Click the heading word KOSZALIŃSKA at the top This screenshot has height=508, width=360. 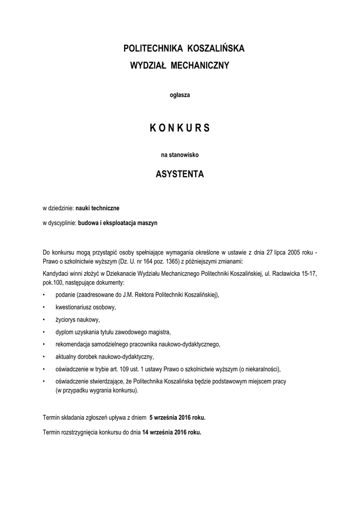[216, 49]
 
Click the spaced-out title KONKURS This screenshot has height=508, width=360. [180, 128]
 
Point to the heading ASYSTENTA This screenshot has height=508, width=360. [180, 175]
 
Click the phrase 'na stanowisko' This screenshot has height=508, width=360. [180, 155]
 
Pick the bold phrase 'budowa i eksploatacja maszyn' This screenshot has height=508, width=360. [118, 223]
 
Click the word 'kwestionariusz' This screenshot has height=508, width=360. [76, 307]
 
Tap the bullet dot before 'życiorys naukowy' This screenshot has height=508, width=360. [45, 320]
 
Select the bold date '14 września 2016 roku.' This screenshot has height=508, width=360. [172, 432]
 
